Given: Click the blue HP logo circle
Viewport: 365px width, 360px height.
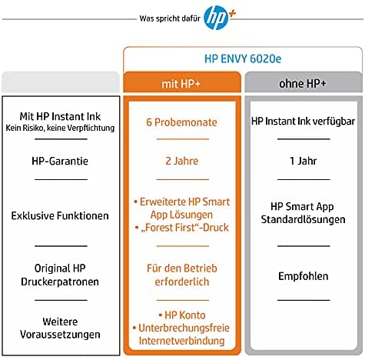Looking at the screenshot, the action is click(x=215, y=18).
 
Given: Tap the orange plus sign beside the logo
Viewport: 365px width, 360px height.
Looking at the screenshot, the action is click(x=232, y=14).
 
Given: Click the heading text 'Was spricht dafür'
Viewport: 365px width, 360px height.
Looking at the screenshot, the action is click(x=170, y=18).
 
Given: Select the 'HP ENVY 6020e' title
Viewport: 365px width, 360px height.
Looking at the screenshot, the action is click(x=243, y=58).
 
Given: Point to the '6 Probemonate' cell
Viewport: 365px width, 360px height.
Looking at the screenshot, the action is click(x=181, y=122).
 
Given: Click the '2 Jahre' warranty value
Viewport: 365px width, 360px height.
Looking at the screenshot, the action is click(x=182, y=161).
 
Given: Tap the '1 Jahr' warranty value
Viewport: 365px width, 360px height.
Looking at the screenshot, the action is click(x=303, y=161).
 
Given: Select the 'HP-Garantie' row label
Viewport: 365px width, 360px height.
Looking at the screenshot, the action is click(x=60, y=161).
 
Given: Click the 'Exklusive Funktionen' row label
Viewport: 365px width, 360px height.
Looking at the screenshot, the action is click(x=60, y=215).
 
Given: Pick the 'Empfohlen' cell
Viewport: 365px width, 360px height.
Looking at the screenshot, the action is click(x=304, y=276).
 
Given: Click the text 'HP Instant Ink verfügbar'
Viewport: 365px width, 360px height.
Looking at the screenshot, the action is click(x=303, y=122).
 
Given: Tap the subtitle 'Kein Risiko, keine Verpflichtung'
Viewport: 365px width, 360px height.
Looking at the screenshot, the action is click(x=60, y=128).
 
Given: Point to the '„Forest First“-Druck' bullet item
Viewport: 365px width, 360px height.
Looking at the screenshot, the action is click(x=182, y=228).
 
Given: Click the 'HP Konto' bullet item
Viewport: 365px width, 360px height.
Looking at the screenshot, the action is click(x=182, y=315).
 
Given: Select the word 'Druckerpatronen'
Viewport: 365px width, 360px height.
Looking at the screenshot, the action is click(x=60, y=282).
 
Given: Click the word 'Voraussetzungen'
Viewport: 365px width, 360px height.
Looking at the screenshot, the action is click(x=60, y=335).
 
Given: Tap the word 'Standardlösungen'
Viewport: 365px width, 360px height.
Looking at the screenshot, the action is click(x=303, y=219).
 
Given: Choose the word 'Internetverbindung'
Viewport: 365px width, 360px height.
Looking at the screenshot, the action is click(x=182, y=341).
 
